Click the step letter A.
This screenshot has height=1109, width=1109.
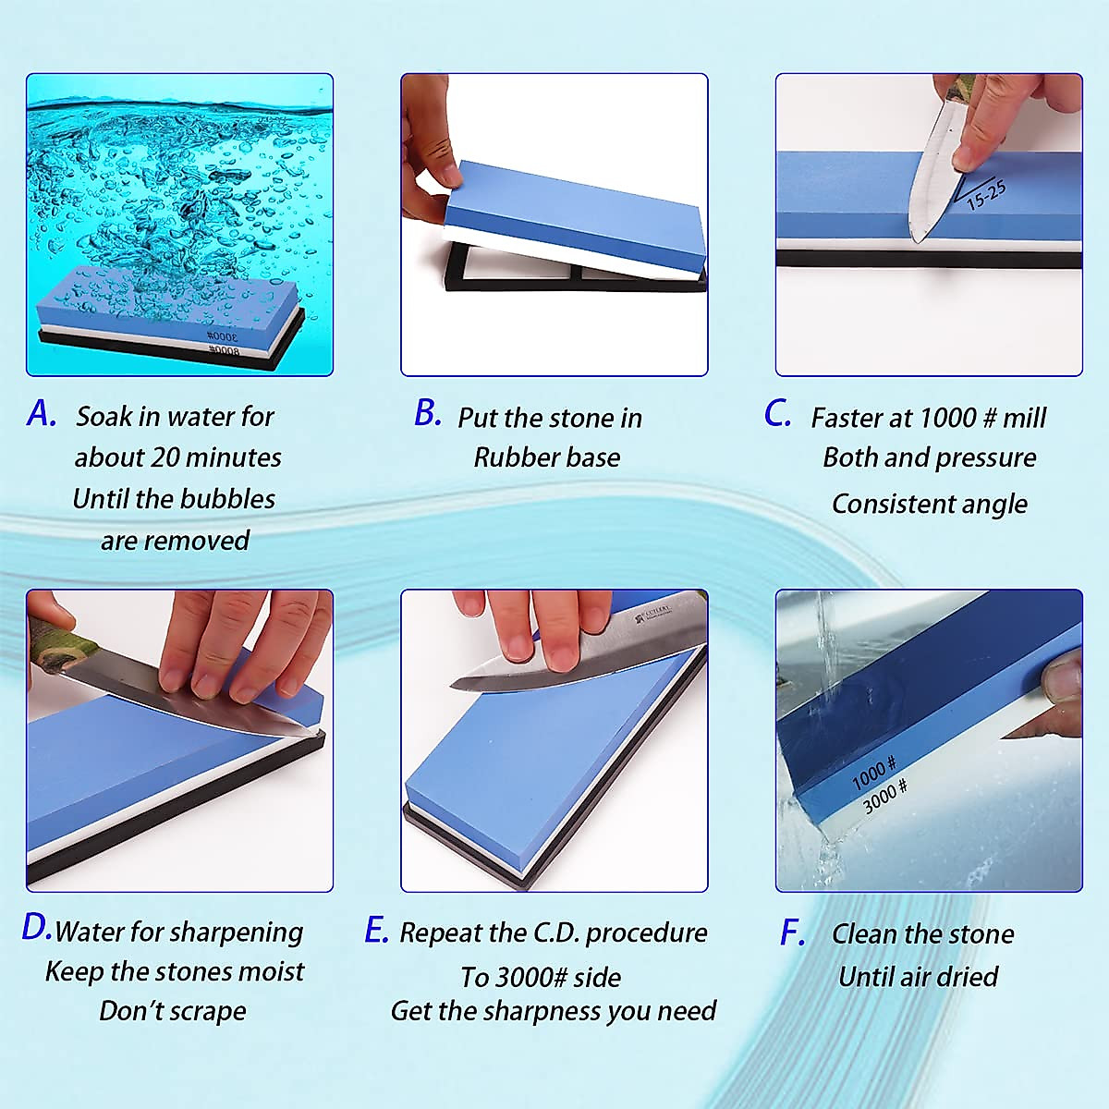tap(41, 413)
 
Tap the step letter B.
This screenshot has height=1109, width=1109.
tap(427, 413)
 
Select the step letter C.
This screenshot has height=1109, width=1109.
tap(777, 413)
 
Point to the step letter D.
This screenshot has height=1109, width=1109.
tap(36, 928)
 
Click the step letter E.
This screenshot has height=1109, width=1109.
tap(375, 930)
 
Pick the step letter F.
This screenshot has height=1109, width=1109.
tap(792, 933)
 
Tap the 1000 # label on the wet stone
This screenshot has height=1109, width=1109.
tap(873, 773)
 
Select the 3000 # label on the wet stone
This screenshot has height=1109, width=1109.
tap(884, 796)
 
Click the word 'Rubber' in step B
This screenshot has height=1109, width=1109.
tap(512, 457)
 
